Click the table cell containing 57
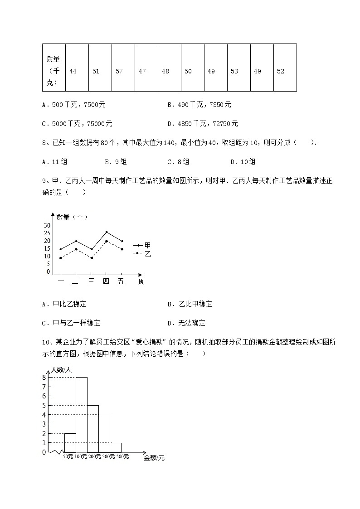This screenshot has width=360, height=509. (x=119, y=71)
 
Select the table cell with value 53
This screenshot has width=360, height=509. (x=234, y=71)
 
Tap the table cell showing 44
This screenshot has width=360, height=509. (x=73, y=71)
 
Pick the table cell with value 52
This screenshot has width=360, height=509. (x=281, y=71)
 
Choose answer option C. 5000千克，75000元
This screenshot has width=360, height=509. (x=77, y=124)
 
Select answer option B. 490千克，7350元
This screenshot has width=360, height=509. (x=199, y=105)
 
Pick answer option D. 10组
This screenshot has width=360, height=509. (x=243, y=162)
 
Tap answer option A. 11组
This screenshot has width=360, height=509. (x=55, y=162)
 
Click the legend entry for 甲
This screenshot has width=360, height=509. (x=142, y=245)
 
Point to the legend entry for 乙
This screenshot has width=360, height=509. (x=142, y=254)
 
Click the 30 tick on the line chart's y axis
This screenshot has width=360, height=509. (x=47, y=225)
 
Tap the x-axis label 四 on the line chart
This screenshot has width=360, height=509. (x=106, y=281)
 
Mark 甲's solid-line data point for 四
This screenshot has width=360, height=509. (x=107, y=232)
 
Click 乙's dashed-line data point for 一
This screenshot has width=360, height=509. (x=61, y=258)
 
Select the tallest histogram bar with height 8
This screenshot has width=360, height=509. (x=82, y=414)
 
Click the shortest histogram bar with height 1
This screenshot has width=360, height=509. (x=116, y=447)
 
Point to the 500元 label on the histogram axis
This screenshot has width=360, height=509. (x=122, y=456)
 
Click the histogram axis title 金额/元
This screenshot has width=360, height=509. (x=154, y=458)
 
